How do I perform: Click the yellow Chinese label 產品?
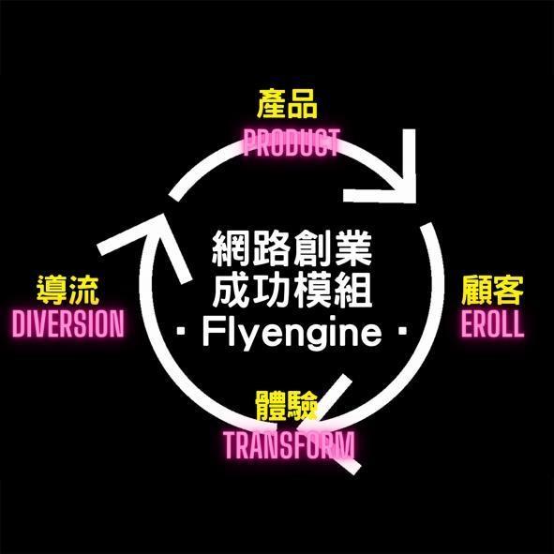pyautogui.click(x=287, y=104)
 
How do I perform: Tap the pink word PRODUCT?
pyautogui.click(x=292, y=142)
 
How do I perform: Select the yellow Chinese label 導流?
pyautogui.click(x=67, y=290)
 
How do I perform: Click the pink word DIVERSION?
pyautogui.click(x=68, y=323)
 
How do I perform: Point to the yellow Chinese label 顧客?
pyautogui.click(x=492, y=290)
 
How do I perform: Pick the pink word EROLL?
pyautogui.click(x=492, y=323)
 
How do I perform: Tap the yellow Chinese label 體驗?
pyautogui.click(x=287, y=406)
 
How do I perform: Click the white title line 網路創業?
pyautogui.click(x=292, y=248)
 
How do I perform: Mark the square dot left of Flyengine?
pyautogui.click(x=182, y=332)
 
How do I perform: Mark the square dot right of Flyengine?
pyautogui.click(x=402, y=332)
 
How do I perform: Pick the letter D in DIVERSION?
pyautogui.click(x=20, y=323)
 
